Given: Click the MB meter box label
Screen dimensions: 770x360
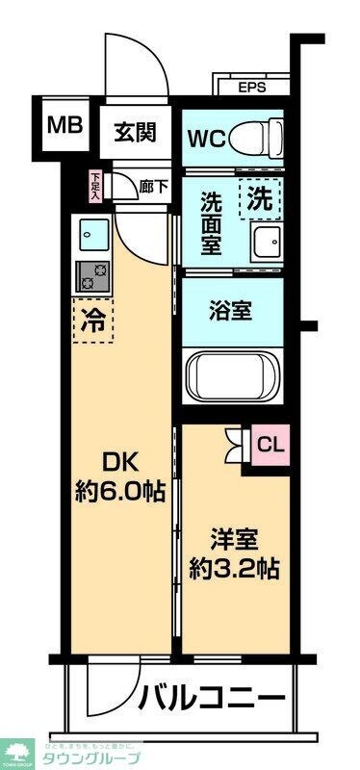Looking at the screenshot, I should [x=64, y=126].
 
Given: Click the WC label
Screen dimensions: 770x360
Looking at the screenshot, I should [x=206, y=138].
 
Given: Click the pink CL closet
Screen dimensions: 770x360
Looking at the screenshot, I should [x=270, y=445].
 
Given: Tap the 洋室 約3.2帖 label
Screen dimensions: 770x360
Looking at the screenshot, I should [x=235, y=553].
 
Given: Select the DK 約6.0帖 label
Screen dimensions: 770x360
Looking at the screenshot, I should [x=120, y=477].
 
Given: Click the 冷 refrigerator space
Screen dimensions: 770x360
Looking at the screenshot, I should [x=92, y=321].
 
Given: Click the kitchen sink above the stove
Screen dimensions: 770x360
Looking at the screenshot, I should [x=92, y=233].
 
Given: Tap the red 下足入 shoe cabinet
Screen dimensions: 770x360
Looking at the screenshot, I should [x=96, y=184].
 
